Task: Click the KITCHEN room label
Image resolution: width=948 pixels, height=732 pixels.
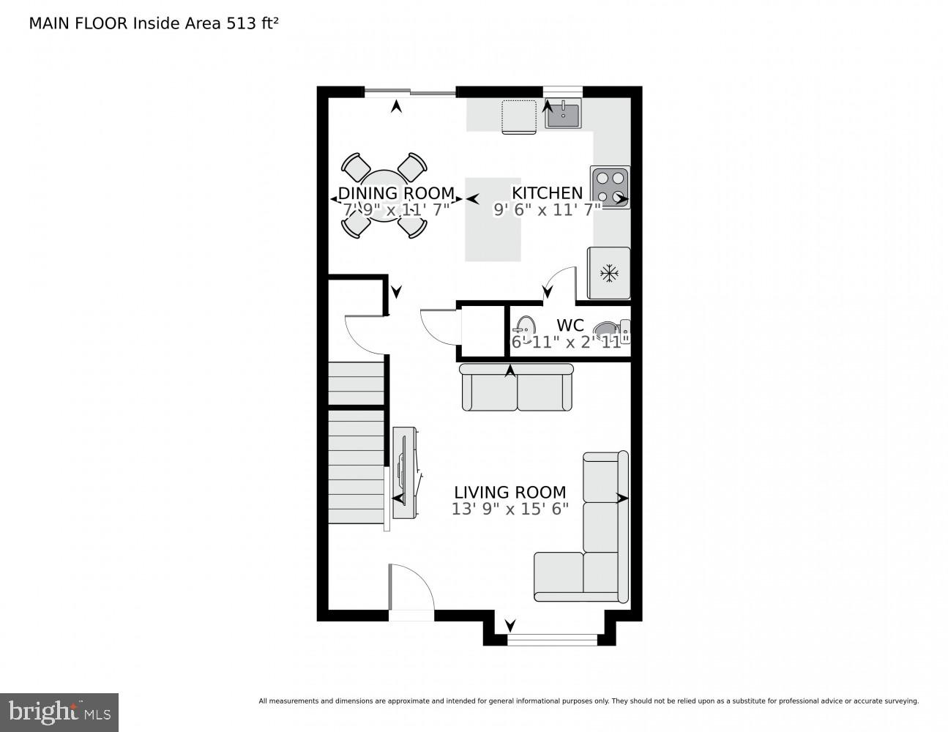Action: (x=547, y=193)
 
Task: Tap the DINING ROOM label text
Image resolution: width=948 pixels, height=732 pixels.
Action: (x=396, y=193)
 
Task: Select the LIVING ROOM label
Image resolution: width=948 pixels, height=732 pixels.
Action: (x=510, y=492)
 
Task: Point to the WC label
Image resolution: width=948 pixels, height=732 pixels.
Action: (x=570, y=325)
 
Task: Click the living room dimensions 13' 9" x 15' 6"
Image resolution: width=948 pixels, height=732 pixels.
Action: (x=510, y=509)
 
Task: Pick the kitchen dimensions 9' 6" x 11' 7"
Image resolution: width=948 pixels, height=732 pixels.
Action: (x=547, y=209)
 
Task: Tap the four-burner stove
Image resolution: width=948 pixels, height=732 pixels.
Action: (x=610, y=187)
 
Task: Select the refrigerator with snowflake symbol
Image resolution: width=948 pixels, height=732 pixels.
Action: (x=608, y=273)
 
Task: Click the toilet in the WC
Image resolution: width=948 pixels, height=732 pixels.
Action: (x=609, y=333)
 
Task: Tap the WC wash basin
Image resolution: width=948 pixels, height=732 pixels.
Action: (x=524, y=326)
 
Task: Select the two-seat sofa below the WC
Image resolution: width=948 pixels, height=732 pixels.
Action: (x=517, y=388)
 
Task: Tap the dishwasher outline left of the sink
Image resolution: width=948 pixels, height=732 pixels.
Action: (x=518, y=117)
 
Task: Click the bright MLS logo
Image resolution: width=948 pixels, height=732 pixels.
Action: (x=59, y=712)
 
